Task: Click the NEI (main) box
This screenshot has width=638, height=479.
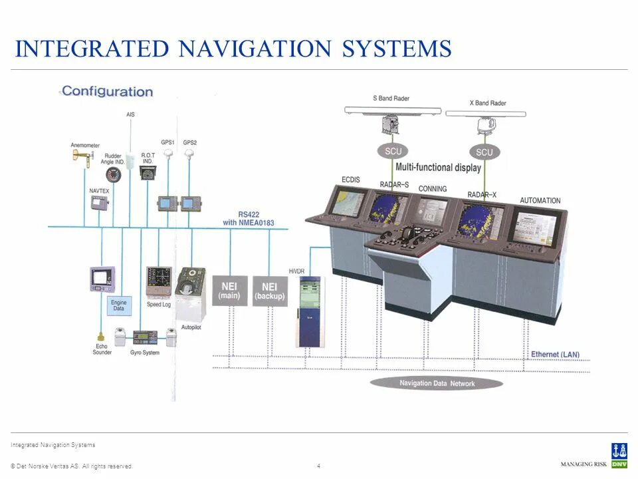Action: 229,291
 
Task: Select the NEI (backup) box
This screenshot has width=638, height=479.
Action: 270,291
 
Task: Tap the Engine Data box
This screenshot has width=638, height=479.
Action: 118,305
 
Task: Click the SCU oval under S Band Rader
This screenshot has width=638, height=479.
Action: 393,151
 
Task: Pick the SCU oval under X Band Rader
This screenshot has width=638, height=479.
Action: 484,152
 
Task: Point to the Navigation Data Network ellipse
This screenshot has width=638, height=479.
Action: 437,383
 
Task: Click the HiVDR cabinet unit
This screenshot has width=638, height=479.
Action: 309,311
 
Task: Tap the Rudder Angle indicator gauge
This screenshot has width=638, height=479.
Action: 113,174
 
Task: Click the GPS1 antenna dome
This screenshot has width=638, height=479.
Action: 168,152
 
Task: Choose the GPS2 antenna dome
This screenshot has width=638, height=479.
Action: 190,152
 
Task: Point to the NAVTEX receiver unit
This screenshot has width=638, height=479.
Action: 98,202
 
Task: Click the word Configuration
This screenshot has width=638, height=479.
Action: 107,91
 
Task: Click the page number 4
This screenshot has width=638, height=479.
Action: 319,465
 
